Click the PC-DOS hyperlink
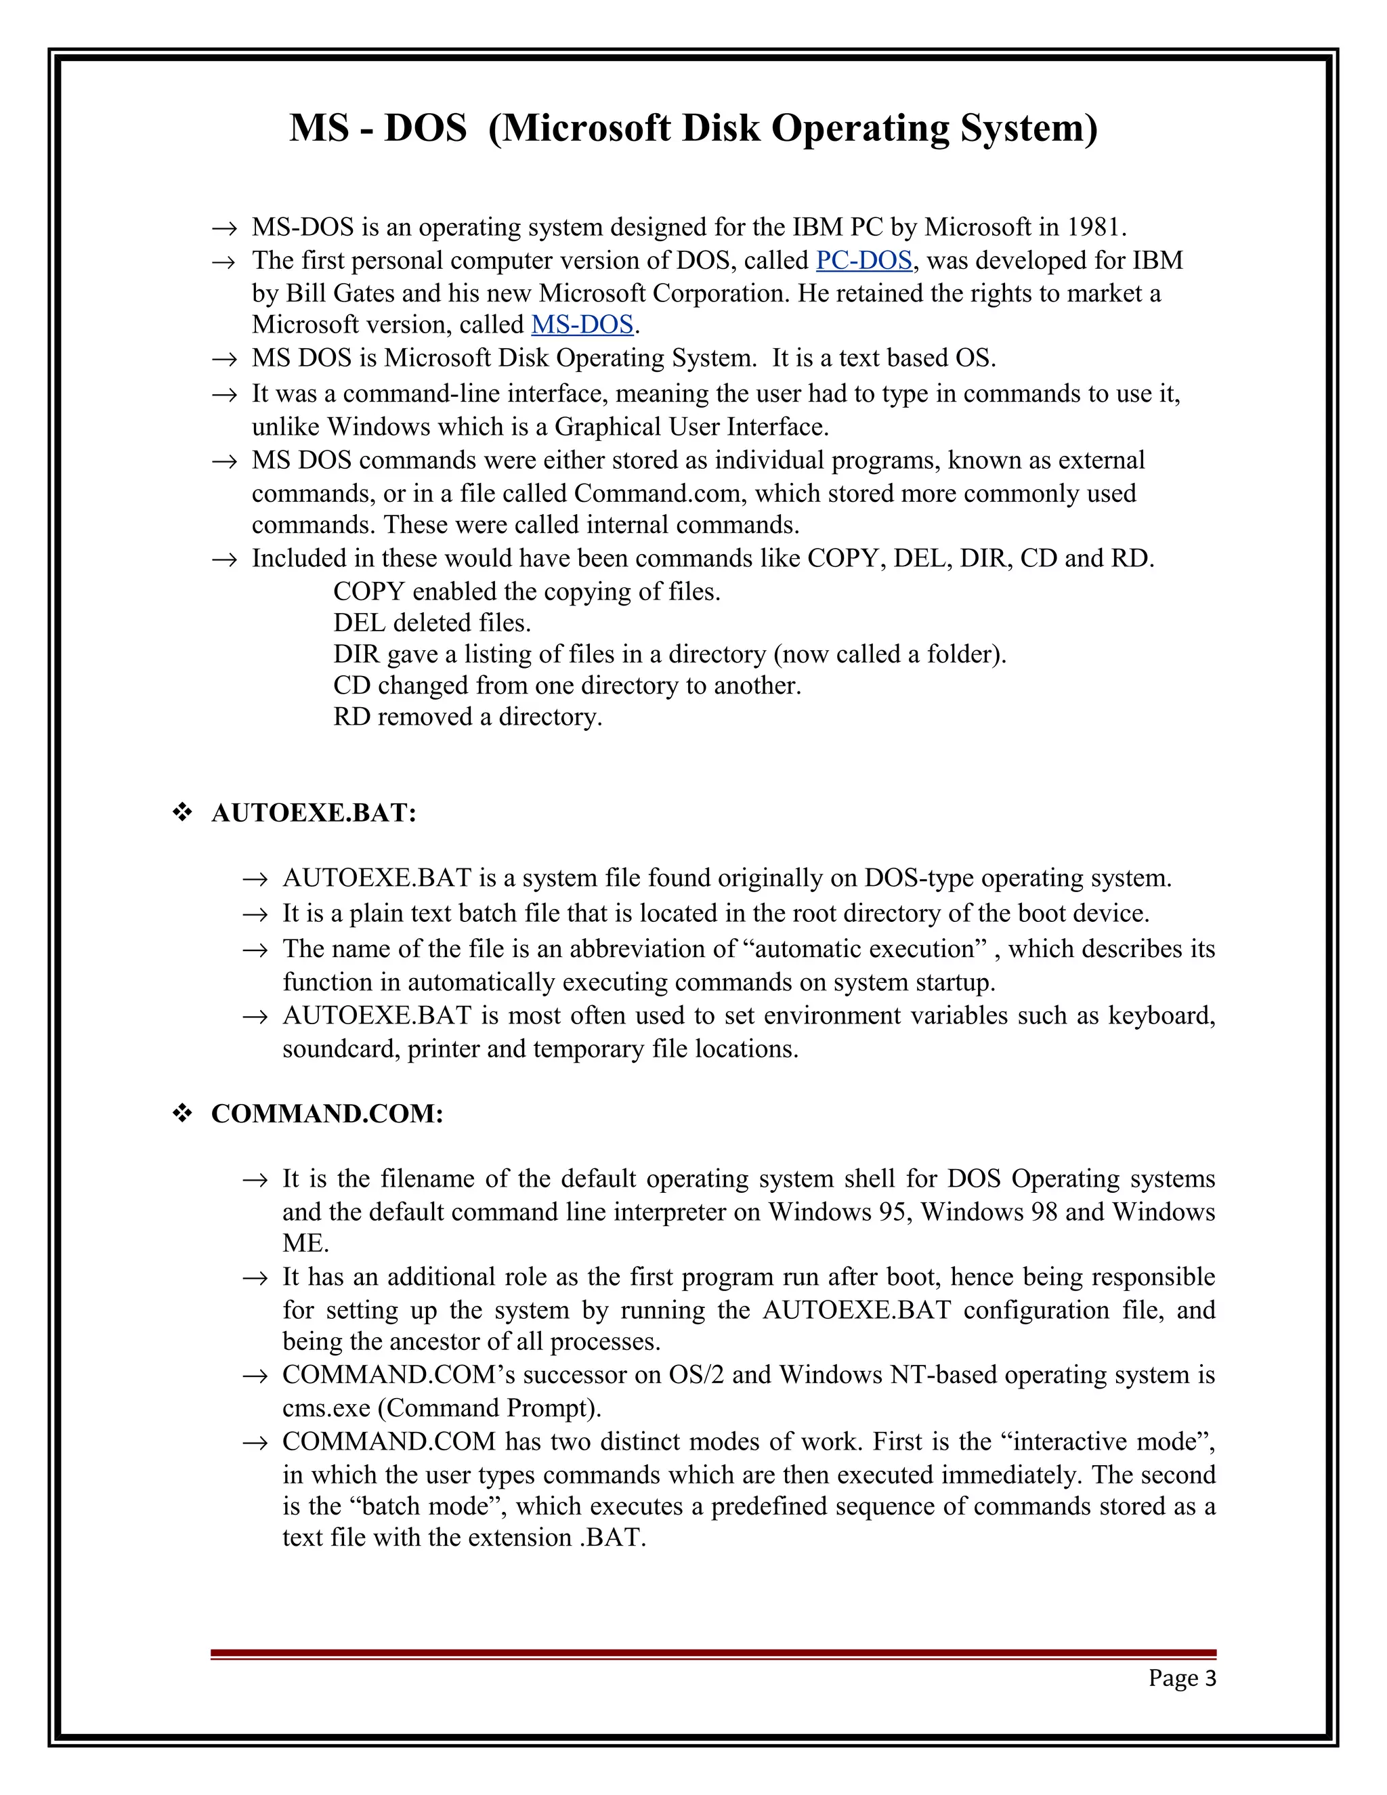coord(863,261)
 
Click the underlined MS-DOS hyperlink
coord(582,324)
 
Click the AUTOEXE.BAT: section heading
coord(314,813)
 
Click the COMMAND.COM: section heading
coord(327,1114)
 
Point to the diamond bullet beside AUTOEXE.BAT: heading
coord(182,813)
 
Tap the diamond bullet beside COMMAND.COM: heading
coord(182,1114)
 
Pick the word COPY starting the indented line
coord(369,592)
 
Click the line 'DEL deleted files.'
coord(432,623)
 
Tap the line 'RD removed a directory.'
coord(467,717)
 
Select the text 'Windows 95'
coord(836,1212)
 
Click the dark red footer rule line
coord(713,1653)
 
